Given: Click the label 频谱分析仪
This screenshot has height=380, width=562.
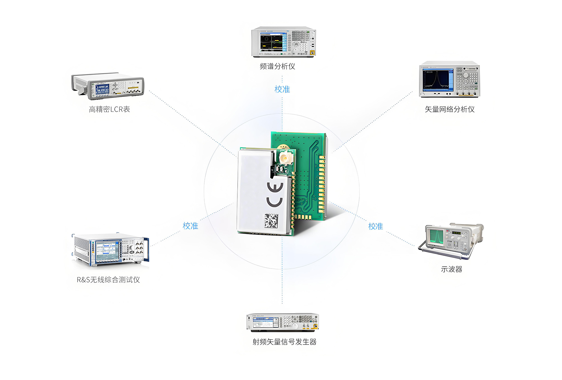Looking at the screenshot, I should [277, 66].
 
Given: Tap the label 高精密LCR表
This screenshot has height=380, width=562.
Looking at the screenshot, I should [109, 109].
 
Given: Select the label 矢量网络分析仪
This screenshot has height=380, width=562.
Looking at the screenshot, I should [450, 109].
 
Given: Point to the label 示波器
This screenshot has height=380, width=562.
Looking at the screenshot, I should [451, 269].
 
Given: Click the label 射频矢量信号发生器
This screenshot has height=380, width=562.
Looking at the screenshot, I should [284, 342].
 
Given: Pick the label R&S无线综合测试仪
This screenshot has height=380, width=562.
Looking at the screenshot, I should [108, 280].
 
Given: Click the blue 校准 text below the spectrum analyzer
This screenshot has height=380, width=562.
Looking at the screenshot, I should [282, 89].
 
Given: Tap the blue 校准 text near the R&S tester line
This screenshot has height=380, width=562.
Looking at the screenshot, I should [190, 226].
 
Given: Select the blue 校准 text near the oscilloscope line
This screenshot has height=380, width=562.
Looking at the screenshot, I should [375, 226].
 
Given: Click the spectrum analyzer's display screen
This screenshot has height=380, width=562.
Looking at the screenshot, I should [272, 42].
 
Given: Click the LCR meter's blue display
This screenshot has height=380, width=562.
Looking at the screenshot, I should [102, 89].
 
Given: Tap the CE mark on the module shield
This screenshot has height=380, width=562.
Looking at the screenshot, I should [275, 195].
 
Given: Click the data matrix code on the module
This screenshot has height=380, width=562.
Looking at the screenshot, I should [271, 220].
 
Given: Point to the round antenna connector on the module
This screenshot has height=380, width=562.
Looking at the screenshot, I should [284, 158].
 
